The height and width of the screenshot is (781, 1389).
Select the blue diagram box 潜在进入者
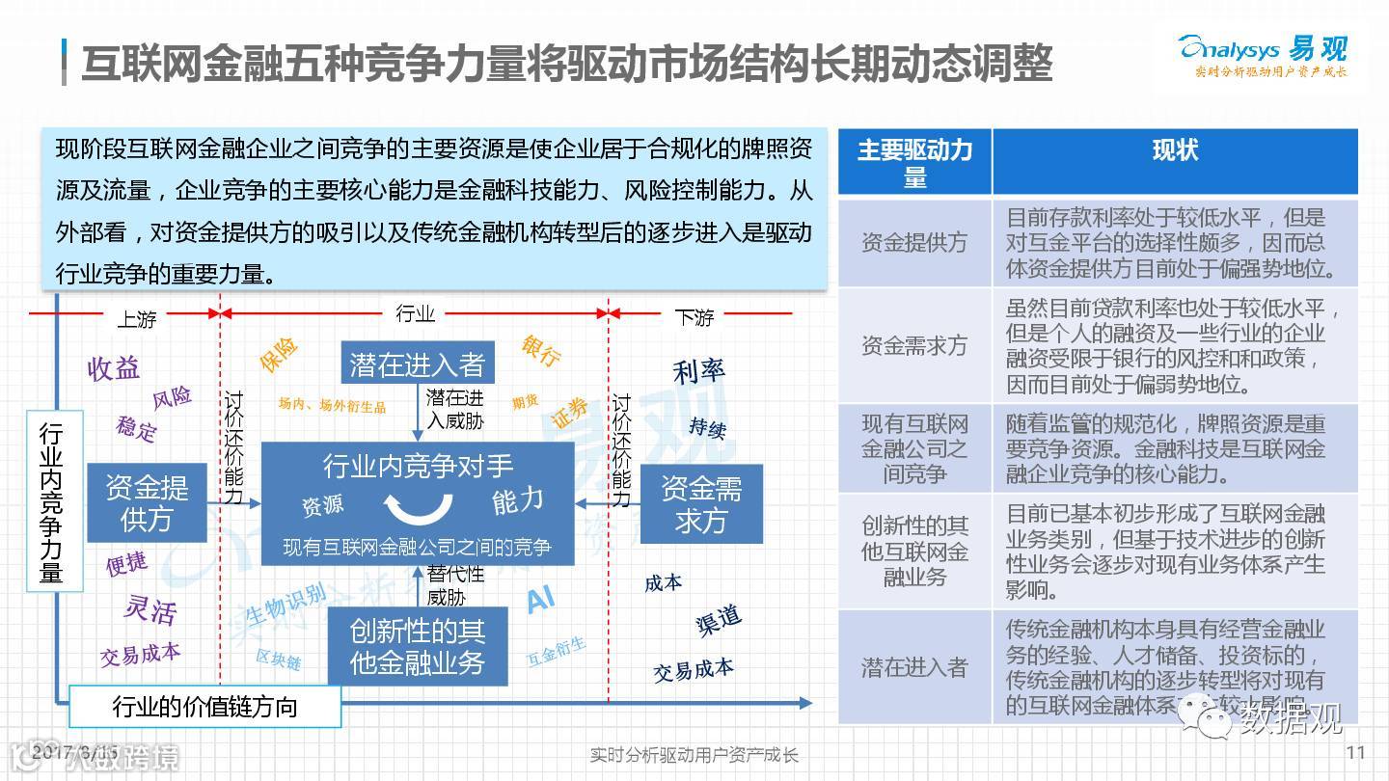(417, 364)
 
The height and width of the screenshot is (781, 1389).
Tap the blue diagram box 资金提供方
(147, 502)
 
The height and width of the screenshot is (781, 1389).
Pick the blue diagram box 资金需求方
(701, 504)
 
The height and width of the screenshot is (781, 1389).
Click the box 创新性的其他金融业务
(417, 646)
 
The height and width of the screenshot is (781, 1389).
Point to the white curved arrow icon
(418, 505)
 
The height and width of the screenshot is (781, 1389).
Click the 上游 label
(136, 318)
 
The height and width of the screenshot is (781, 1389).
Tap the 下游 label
(694, 317)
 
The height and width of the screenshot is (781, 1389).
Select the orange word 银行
(541, 351)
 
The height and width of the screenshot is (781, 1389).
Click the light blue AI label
(540, 602)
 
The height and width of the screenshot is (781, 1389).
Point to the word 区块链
(279, 660)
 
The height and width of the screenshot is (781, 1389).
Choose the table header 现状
(1175, 151)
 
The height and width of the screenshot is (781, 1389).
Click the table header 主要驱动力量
(914, 162)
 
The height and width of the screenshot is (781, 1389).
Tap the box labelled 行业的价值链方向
(204, 707)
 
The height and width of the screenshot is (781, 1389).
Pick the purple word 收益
(114, 367)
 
